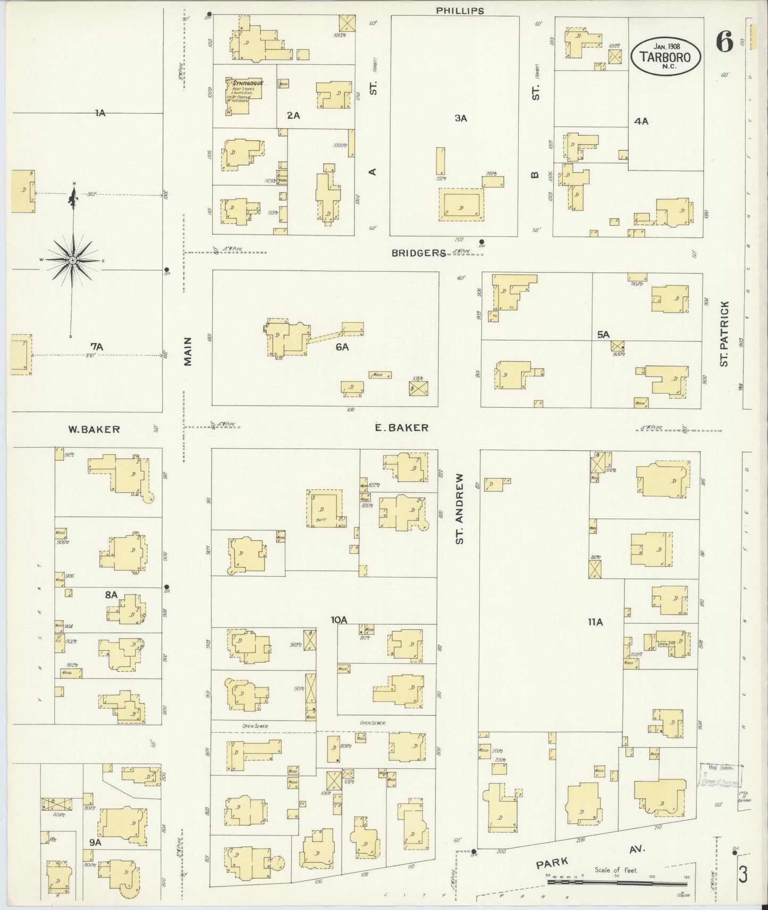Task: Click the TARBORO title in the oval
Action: (665, 56)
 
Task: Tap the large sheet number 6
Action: (724, 41)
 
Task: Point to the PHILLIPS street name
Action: (460, 10)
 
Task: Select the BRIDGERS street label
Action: (418, 253)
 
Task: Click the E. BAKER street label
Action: (401, 427)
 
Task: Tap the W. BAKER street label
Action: (94, 430)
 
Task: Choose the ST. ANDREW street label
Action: (460, 509)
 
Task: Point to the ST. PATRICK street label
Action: (724, 333)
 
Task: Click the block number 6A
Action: (341, 347)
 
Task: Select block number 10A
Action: (339, 619)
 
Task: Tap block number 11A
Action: (595, 622)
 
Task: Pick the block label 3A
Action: (460, 118)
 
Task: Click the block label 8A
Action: (111, 595)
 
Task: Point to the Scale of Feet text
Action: (617, 870)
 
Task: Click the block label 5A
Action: (603, 334)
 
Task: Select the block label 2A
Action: (293, 115)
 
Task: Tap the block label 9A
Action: (95, 842)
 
